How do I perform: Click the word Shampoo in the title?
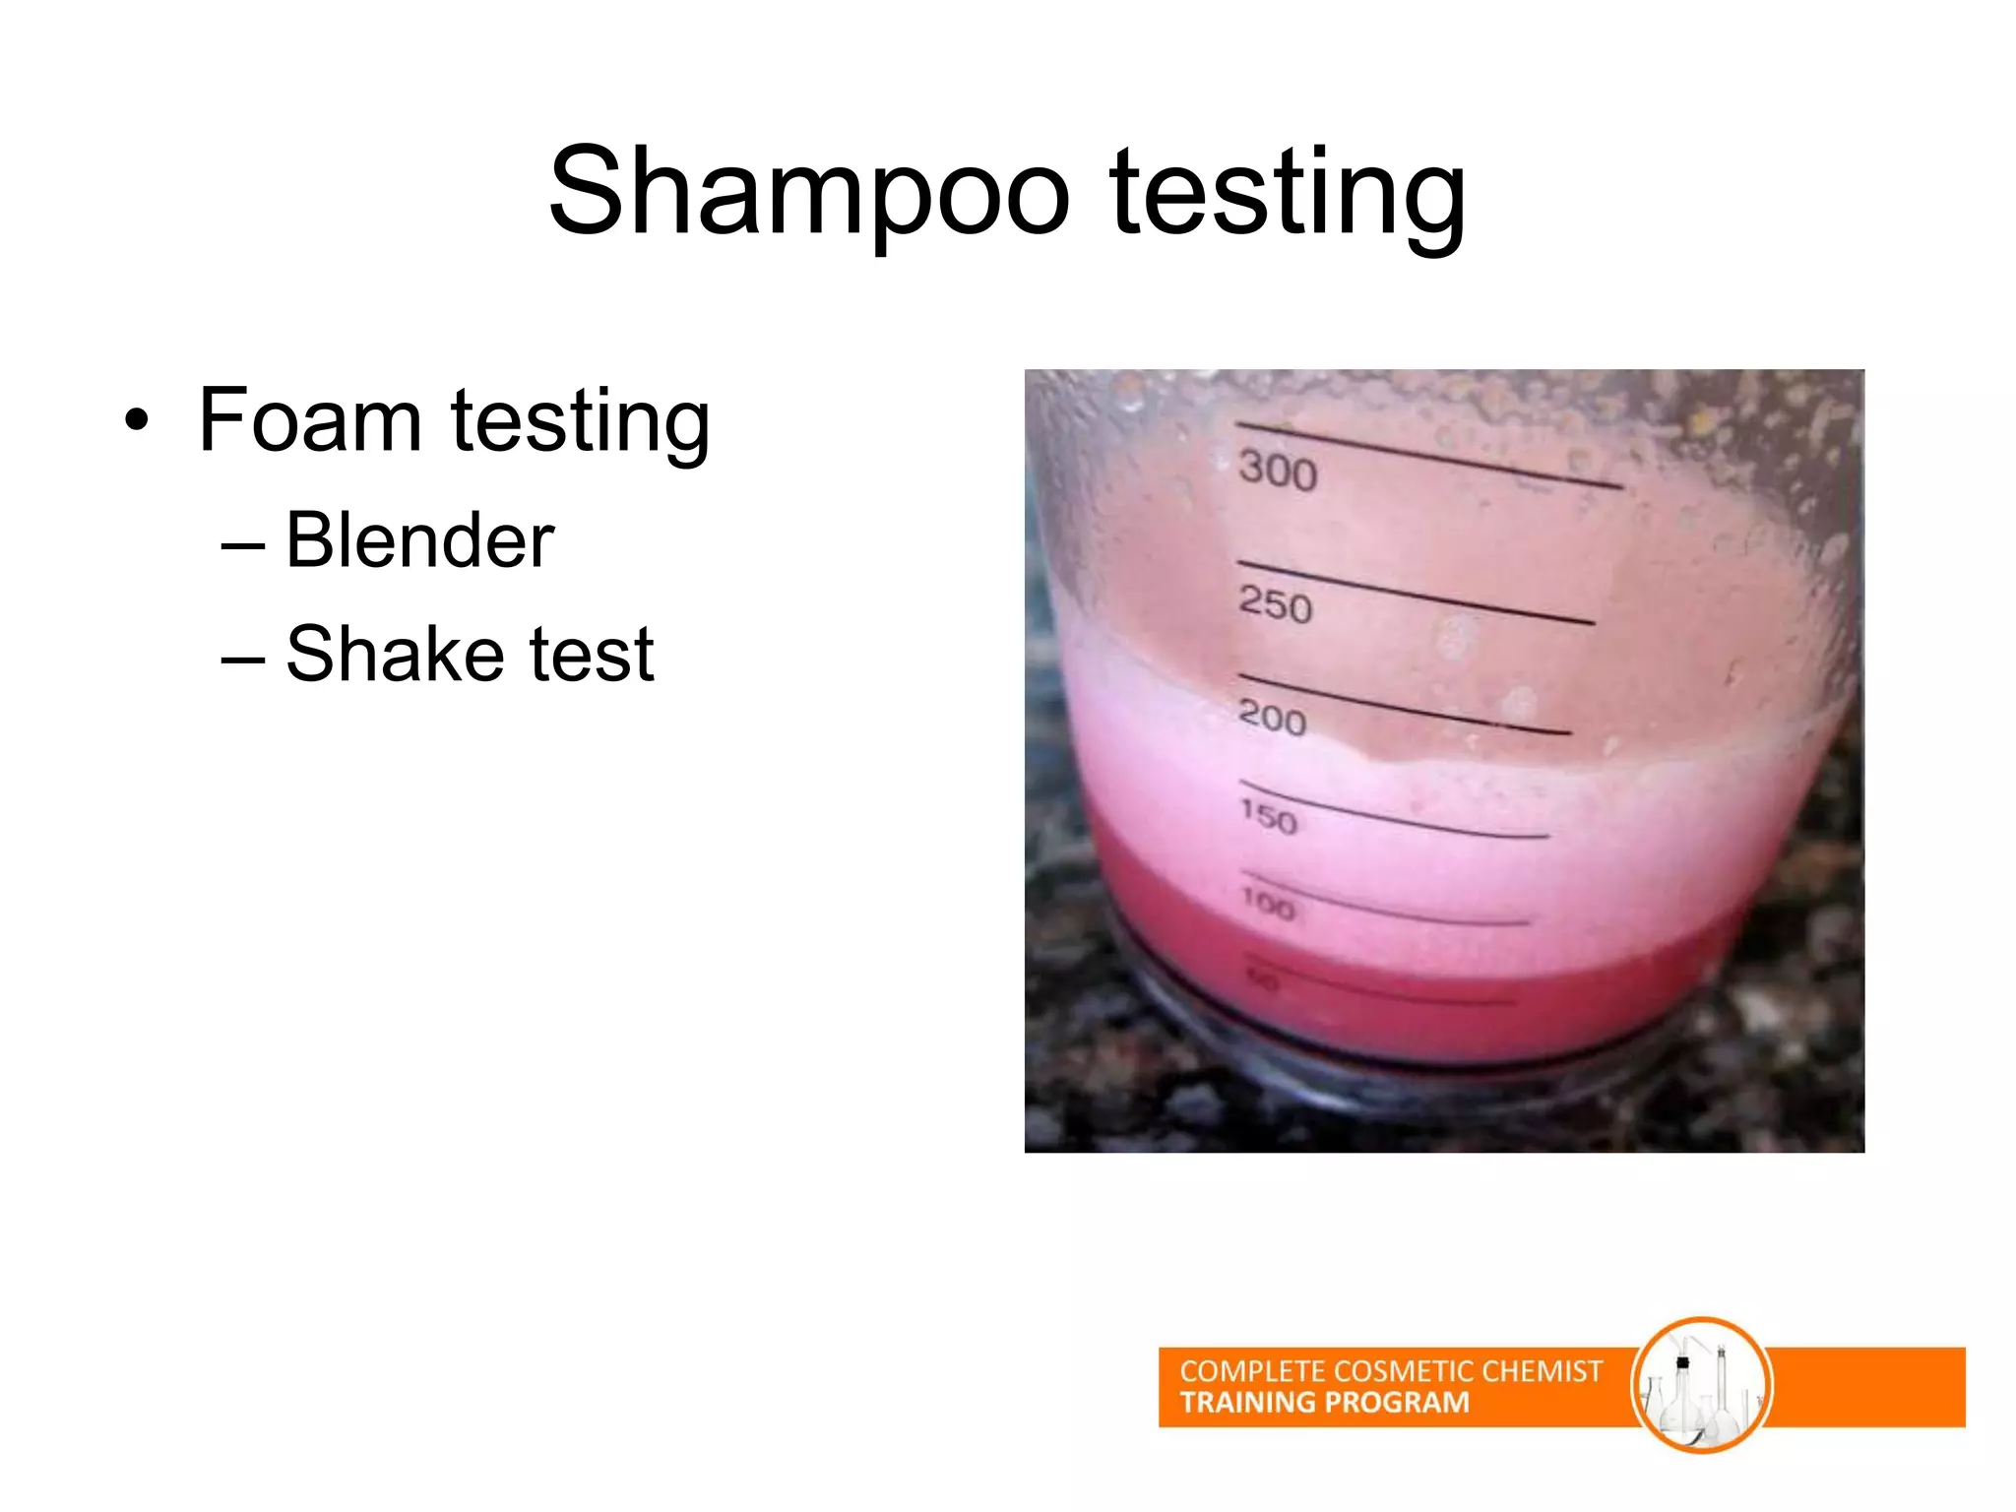[x=809, y=192]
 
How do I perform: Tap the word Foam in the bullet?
[x=310, y=420]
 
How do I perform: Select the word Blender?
[x=420, y=540]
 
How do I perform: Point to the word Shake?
[x=395, y=654]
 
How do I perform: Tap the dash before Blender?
[x=243, y=544]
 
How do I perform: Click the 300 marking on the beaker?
[x=1278, y=470]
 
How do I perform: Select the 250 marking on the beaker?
[x=1276, y=603]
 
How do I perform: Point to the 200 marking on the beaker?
[x=1272, y=717]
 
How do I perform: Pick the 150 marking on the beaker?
[x=1269, y=815]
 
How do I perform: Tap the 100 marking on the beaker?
[x=1268, y=903]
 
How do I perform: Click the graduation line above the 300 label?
[x=1427, y=454]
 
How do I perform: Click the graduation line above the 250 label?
[x=1415, y=592]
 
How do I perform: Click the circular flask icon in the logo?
[x=1701, y=1385]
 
